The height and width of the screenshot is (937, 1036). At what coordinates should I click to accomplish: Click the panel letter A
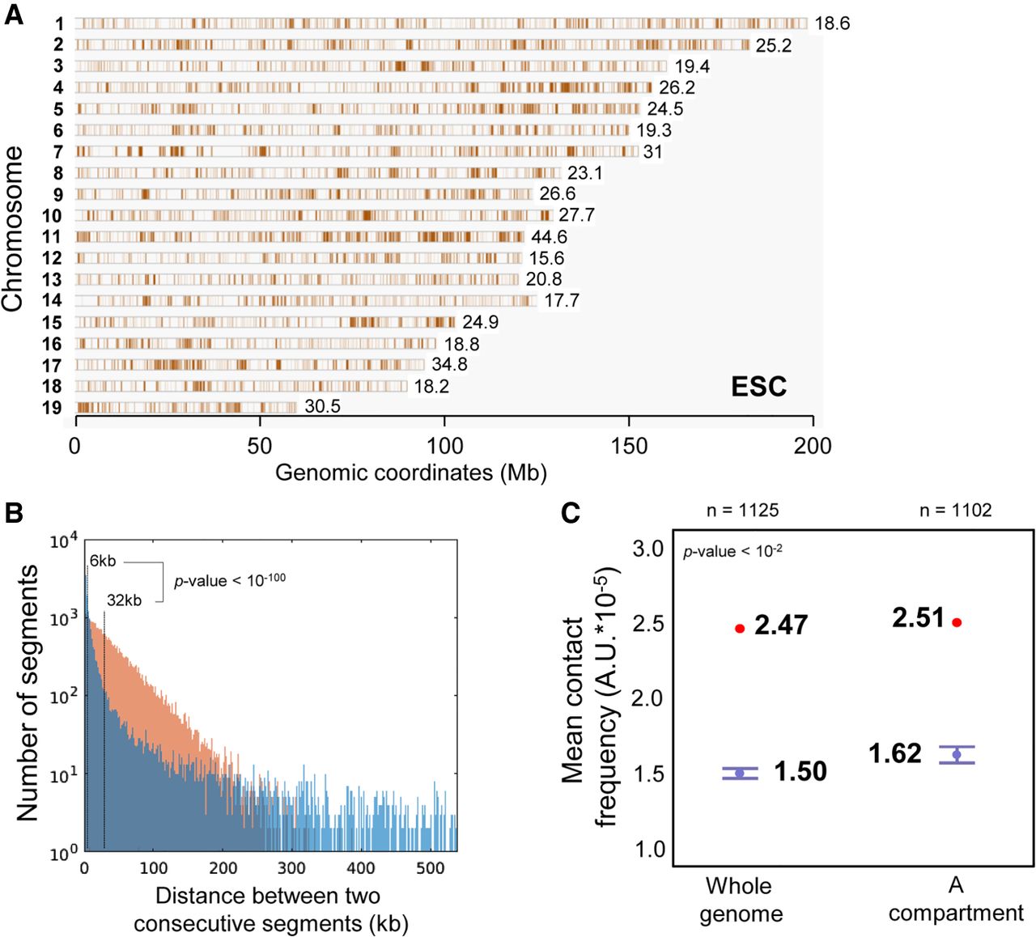(14, 15)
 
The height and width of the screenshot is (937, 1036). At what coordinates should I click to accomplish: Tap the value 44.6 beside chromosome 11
(549, 237)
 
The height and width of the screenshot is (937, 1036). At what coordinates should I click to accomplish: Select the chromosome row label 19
(52, 407)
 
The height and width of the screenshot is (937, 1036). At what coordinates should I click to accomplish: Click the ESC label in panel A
(758, 387)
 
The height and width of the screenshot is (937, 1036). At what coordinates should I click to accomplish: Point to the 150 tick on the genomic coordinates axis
(629, 446)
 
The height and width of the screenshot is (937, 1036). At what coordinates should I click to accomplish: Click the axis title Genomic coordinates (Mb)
(410, 473)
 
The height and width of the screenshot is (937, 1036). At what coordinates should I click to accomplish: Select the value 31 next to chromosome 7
(652, 152)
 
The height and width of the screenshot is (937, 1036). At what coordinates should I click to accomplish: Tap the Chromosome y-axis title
(13, 229)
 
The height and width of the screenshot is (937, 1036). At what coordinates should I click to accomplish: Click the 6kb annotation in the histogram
(103, 561)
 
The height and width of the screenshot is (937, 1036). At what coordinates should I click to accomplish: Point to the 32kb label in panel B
(124, 600)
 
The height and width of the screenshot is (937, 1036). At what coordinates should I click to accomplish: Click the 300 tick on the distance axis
(291, 868)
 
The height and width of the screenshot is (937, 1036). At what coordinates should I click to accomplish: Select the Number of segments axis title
(28, 693)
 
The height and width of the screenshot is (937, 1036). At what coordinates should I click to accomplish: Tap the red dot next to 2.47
(740, 628)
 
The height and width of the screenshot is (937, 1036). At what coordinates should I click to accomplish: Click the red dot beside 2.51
(957, 622)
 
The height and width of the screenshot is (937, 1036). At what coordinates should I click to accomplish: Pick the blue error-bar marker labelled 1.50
(740, 774)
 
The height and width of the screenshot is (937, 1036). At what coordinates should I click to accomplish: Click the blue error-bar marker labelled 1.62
(957, 754)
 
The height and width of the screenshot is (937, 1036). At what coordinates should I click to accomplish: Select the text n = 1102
(955, 511)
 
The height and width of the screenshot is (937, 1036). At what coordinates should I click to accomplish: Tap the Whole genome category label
(740, 900)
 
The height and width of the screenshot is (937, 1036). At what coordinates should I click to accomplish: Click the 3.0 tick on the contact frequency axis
(647, 549)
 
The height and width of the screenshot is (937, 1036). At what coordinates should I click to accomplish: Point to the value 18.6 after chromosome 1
(832, 23)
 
